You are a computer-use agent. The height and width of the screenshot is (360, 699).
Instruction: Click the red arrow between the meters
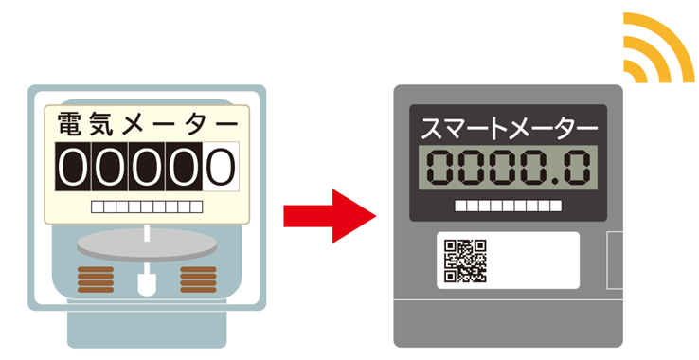(330, 216)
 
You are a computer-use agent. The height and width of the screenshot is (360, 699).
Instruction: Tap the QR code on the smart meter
(465, 261)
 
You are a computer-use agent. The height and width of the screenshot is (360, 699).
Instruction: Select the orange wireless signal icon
(659, 47)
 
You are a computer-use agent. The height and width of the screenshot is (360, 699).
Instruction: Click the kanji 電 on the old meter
(69, 123)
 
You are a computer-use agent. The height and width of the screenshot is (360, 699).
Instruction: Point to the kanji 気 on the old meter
(101, 123)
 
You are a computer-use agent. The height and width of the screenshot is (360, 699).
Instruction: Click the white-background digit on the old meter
(221, 167)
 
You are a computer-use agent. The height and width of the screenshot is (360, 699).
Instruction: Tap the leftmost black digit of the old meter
(73, 167)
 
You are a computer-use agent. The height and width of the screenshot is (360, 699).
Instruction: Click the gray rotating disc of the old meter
(147, 244)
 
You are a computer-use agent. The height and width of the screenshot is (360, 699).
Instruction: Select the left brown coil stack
(96, 279)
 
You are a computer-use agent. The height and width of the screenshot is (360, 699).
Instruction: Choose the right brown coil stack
(198, 279)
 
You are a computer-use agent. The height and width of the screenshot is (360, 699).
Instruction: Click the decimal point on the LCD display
(555, 181)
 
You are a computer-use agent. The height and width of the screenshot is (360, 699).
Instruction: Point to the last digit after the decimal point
(577, 168)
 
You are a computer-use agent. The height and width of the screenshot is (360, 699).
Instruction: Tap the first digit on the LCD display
(440, 168)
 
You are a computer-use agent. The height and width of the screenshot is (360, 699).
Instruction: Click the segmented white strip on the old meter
(147, 207)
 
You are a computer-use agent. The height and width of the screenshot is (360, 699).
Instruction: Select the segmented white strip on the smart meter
(509, 206)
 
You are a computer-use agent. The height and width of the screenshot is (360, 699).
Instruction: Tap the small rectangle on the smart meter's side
(615, 261)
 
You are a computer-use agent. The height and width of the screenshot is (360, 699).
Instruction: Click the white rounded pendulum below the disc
(147, 284)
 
